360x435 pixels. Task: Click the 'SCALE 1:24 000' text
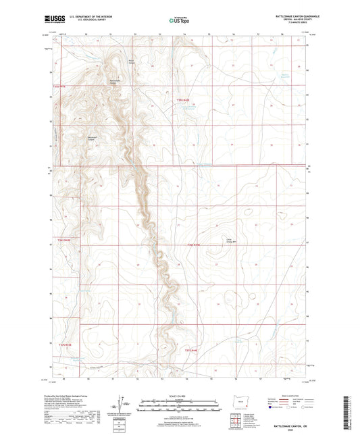pyautogui.click(x=179, y=396)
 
